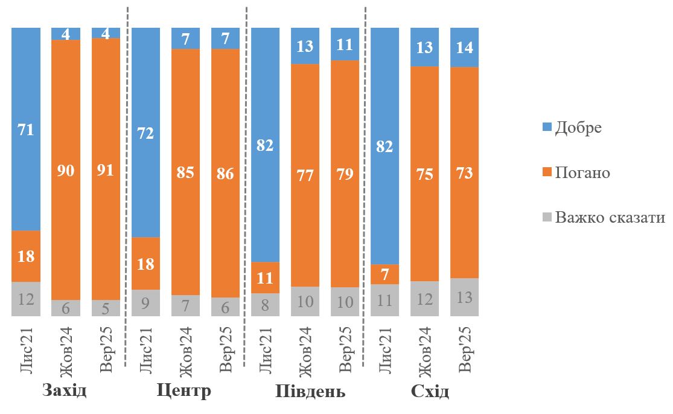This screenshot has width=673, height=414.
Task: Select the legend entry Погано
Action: coord(582,173)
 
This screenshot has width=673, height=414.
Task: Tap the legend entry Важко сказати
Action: coord(609,217)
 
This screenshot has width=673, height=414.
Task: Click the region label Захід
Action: coord(65,391)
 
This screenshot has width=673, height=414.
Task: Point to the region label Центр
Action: coord(183,391)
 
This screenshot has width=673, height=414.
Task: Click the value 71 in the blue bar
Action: coord(26,129)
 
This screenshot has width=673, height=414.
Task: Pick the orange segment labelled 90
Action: coord(66,170)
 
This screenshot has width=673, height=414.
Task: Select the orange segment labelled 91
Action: coord(106,170)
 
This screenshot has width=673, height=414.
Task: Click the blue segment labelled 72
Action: coord(145,133)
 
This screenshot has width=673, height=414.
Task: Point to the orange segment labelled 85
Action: coord(185,173)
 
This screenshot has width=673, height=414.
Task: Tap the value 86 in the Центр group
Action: coord(225,174)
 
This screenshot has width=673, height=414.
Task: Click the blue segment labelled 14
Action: coord(464,47)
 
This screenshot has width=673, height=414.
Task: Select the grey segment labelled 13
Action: coord(464,298)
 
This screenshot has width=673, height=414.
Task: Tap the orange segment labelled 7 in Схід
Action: coord(384,274)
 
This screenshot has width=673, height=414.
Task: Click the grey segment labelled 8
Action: coord(265,305)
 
